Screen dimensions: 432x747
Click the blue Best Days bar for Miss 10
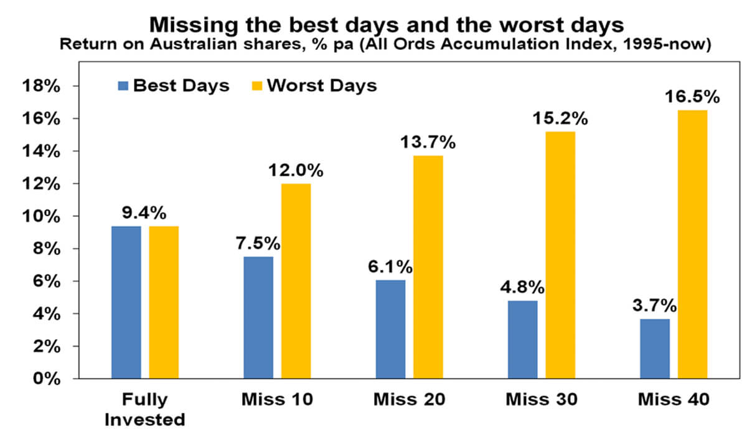click(258, 317)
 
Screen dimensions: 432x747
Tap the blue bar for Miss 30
click(522, 340)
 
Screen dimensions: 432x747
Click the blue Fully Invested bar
click(126, 302)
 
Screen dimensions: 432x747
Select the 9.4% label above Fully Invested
click(142, 213)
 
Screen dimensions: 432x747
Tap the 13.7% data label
click(426, 142)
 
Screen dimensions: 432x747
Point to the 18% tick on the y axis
click(44, 86)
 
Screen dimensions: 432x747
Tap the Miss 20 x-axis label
click(409, 400)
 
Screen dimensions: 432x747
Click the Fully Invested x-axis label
click(145, 408)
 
